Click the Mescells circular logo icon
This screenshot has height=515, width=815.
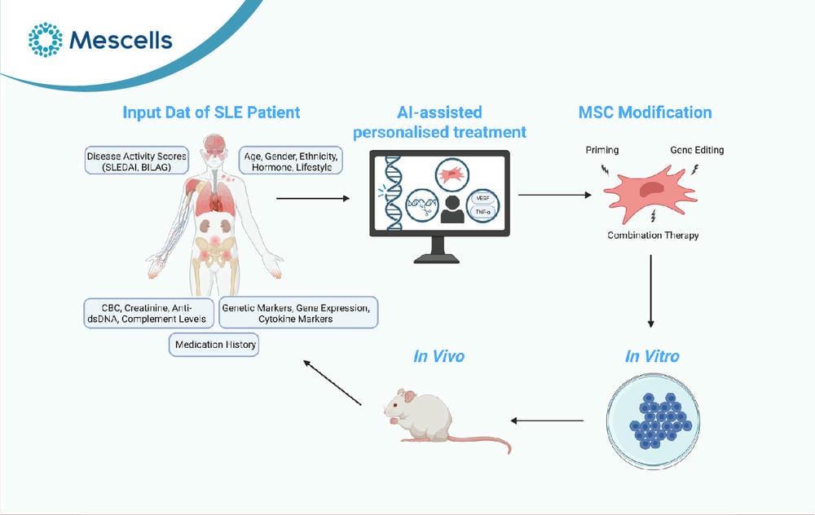coord(45,39)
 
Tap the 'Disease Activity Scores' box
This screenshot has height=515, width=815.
coord(137,161)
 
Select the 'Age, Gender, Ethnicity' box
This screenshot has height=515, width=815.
coord(291,161)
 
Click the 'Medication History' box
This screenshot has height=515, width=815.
coord(214,345)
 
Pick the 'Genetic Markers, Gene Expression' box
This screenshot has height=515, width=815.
coord(298,313)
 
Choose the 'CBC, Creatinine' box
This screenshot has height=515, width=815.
coord(148,313)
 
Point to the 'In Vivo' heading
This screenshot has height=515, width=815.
coord(438,356)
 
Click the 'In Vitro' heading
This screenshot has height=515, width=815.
coord(652,356)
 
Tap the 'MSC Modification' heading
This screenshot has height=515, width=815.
coord(645,112)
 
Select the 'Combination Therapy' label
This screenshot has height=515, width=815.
coord(653,235)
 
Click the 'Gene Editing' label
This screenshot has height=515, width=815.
coord(697,150)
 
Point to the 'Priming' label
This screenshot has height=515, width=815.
coord(602,150)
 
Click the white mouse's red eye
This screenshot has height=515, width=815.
coord(396,405)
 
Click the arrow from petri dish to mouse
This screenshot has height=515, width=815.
coord(547,420)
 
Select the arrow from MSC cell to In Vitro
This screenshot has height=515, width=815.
coord(650,291)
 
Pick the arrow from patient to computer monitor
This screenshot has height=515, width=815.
coord(313,198)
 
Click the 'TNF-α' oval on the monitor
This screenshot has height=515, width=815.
coord(482,212)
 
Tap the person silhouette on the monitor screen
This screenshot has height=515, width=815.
coord(452,210)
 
